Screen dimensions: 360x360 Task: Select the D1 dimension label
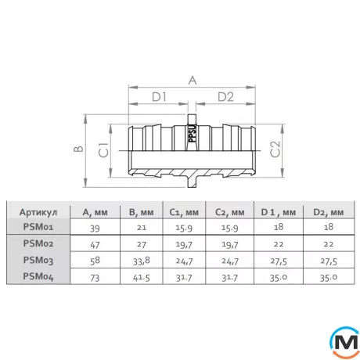click(160, 97)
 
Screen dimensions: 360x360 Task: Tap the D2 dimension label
click(225, 97)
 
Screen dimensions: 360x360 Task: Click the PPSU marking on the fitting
click(190, 135)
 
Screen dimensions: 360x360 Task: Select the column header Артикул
click(38, 211)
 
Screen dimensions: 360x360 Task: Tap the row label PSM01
click(38, 226)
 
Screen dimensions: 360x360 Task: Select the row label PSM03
click(38, 259)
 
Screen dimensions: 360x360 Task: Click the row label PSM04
click(38, 275)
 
